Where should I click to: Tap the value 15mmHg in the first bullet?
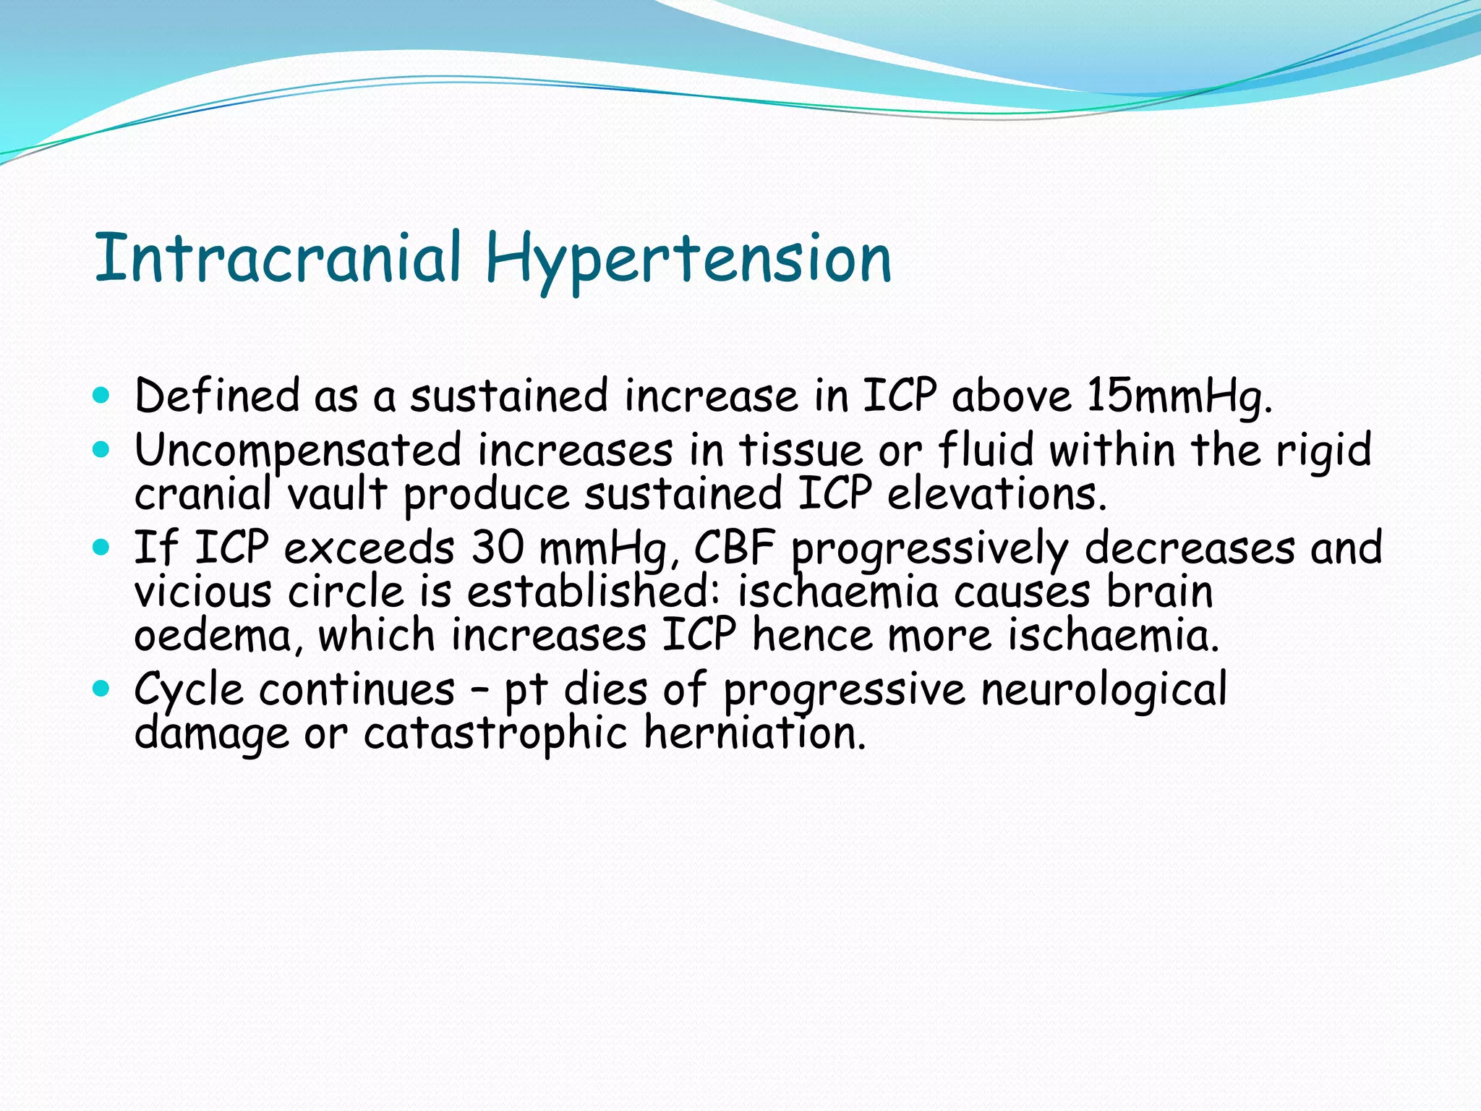(1178, 397)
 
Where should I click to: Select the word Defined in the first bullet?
(216, 396)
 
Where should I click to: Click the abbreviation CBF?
(734, 548)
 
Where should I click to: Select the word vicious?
(203, 592)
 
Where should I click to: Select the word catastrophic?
(495, 733)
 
